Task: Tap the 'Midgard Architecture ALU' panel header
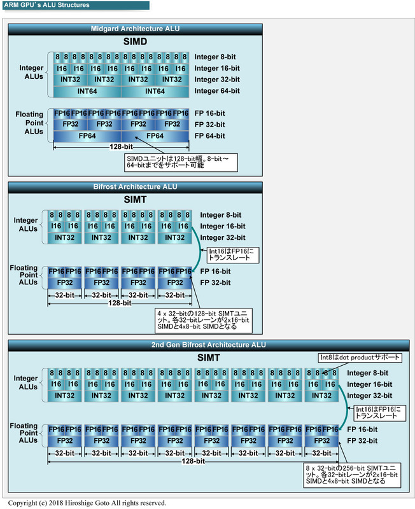pyautogui.click(x=134, y=29)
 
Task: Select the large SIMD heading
pyautogui.click(x=134, y=42)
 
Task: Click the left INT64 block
pyautogui.click(x=87, y=91)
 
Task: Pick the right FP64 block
pyautogui.click(x=155, y=136)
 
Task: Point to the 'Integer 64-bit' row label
pyautogui.click(x=217, y=91)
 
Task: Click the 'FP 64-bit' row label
pyautogui.click(x=210, y=136)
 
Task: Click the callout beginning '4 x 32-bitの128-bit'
pyautogui.click(x=204, y=320)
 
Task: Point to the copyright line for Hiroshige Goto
pyautogui.click(x=87, y=503)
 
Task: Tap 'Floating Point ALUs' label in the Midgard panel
pyautogui.click(x=29, y=123)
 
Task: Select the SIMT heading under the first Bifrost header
pyautogui.click(x=134, y=200)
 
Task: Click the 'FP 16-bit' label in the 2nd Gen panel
pyautogui.click(x=362, y=429)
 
